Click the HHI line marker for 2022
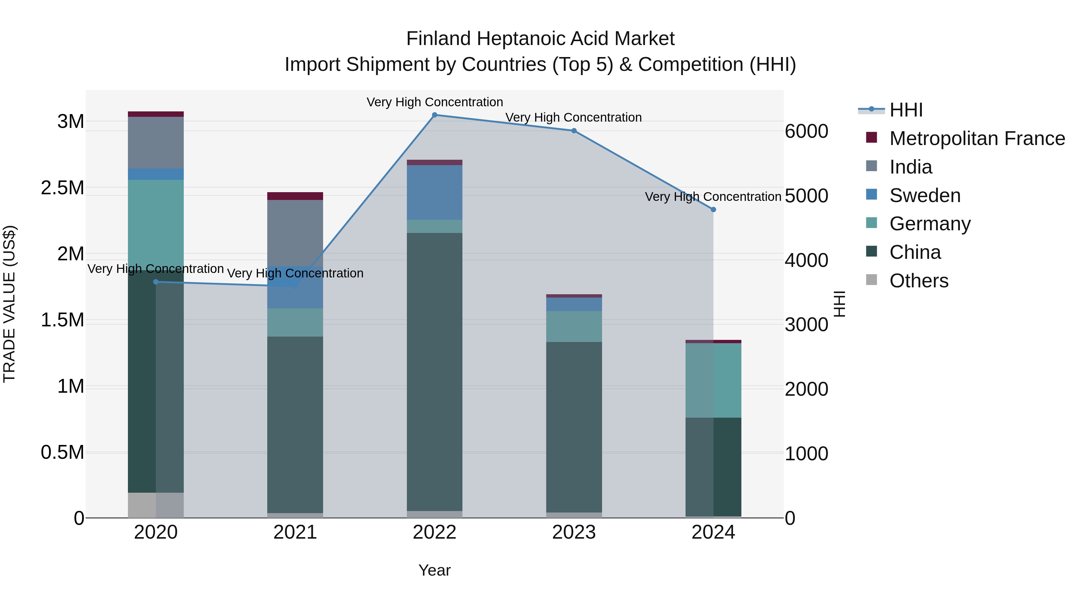tap(434, 115)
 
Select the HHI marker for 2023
tap(574, 131)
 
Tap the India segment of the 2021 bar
tap(295, 233)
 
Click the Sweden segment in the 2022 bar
tap(434, 192)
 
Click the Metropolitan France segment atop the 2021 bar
tap(295, 196)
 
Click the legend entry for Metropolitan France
tap(977, 138)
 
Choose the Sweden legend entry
tap(925, 195)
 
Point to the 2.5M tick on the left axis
tap(62, 188)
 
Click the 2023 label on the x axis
tap(574, 532)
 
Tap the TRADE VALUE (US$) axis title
tap(9, 304)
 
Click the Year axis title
tap(434, 570)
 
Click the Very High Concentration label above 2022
tap(434, 102)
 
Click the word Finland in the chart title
tap(438, 39)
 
